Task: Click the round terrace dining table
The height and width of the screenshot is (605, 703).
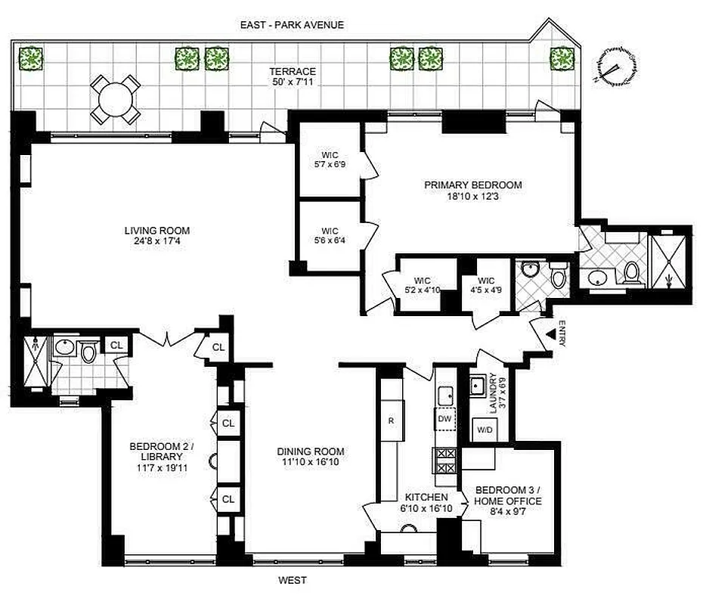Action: pyautogui.click(x=116, y=99)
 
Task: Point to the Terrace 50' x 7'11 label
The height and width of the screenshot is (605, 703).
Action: pyautogui.click(x=293, y=76)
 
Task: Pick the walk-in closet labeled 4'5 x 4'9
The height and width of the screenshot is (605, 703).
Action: pyautogui.click(x=486, y=286)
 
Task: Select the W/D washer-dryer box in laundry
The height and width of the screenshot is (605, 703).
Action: pyautogui.click(x=483, y=430)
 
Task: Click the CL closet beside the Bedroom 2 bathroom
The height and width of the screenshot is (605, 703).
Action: pyautogui.click(x=116, y=346)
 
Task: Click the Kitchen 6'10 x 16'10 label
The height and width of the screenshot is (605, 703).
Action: pyautogui.click(x=427, y=502)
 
